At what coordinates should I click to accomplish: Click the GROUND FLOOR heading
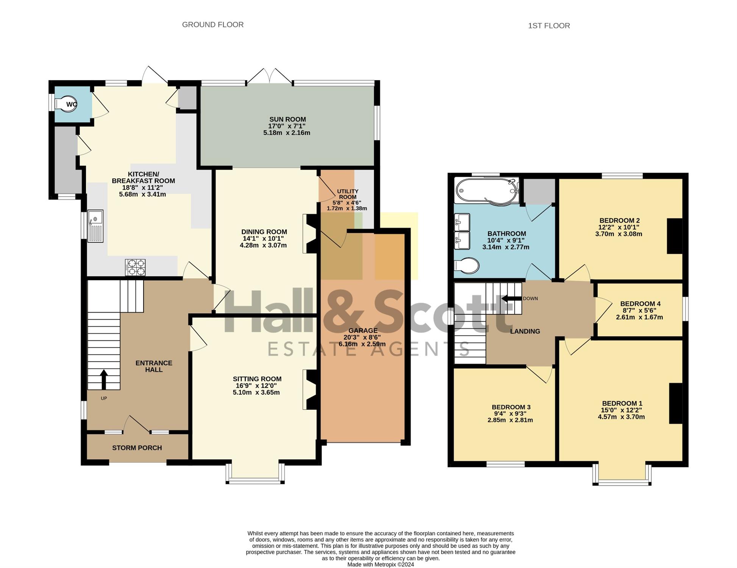pyautogui.click(x=212, y=25)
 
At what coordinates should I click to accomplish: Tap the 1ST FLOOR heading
pyautogui.click(x=549, y=26)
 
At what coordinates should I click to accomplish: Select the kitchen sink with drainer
pyautogui.click(x=95, y=226)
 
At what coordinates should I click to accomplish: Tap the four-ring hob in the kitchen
pyautogui.click(x=135, y=267)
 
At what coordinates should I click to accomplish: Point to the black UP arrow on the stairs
pyautogui.click(x=104, y=379)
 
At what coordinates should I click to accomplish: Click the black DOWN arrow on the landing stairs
pyautogui.click(x=511, y=298)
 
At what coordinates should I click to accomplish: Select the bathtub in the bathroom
pyautogui.click(x=487, y=191)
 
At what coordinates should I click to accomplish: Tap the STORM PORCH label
pyautogui.click(x=137, y=448)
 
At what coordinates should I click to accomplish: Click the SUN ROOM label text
pyautogui.click(x=287, y=119)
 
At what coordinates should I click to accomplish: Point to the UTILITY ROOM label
pyautogui.click(x=348, y=194)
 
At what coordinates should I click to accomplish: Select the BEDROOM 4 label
pyautogui.click(x=640, y=304)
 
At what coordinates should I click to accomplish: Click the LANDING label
pyautogui.click(x=525, y=331)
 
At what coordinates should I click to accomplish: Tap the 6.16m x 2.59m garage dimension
pyautogui.click(x=362, y=344)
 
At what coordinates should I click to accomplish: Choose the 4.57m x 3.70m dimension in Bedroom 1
pyautogui.click(x=621, y=417)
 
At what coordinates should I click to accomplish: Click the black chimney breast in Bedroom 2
pyautogui.click(x=675, y=236)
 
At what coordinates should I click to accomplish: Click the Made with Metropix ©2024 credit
pyautogui.click(x=381, y=565)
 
